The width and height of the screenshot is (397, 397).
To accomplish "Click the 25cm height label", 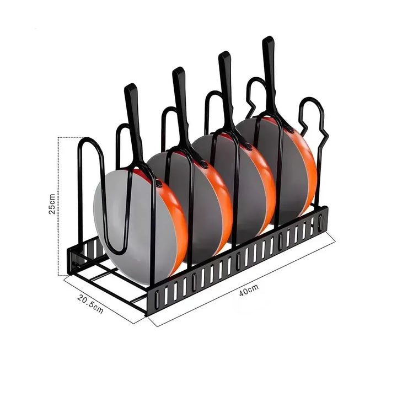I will point(52,204).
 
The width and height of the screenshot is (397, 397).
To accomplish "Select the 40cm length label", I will point(249,290).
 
